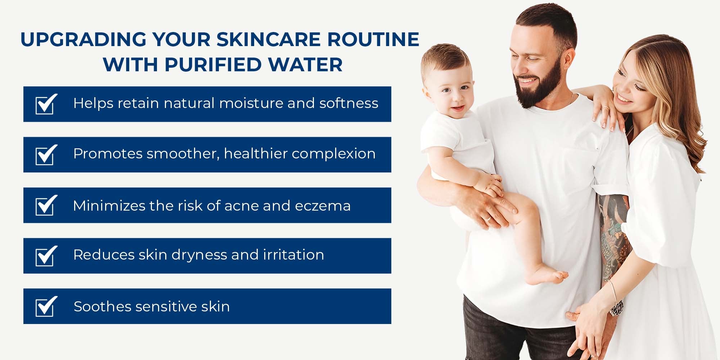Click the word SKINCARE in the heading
coord(268,39)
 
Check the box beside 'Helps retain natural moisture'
coord(46,104)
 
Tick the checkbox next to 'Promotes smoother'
coord(46,154)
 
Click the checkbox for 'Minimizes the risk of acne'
coord(46,205)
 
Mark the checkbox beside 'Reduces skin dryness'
coord(46,256)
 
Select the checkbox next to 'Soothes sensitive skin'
coord(46,306)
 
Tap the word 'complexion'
coord(334,154)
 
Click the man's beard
coord(540,86)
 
